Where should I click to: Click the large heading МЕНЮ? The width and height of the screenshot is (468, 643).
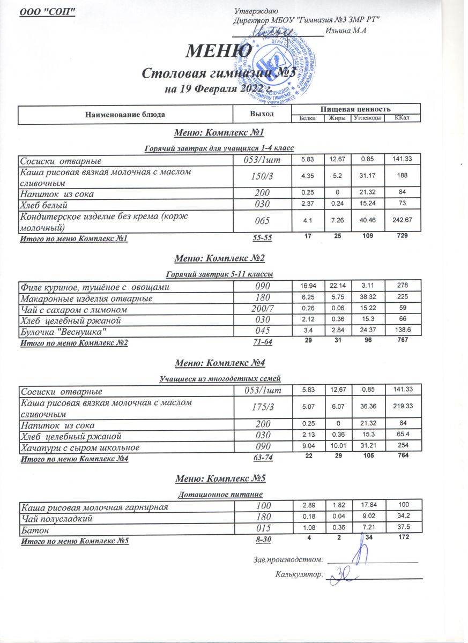tap(219, 52)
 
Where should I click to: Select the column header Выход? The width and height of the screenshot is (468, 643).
tap(262, 114)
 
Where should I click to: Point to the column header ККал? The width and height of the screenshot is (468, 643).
tap(402, 118)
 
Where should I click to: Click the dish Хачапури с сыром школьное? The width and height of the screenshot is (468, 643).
tap(80, 447)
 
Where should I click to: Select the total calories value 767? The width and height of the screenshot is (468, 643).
tap(402, 342)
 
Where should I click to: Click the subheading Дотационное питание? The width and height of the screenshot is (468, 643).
tap(219, 493)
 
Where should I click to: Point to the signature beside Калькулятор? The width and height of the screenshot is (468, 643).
tap(343, 577)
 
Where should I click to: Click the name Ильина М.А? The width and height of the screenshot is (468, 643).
tap(350, 31)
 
